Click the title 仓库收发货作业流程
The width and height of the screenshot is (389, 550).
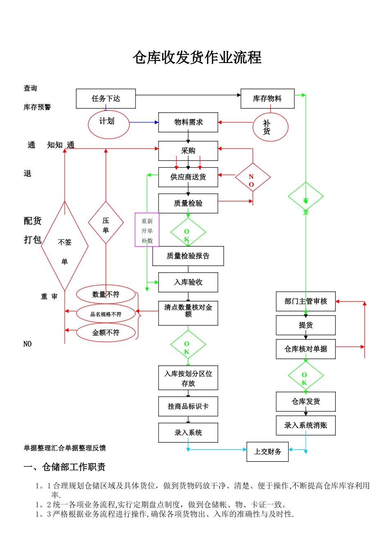pyautogui.click(x=197, y=58)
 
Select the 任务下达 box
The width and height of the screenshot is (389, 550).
pyautogui.click(x=106, y=99)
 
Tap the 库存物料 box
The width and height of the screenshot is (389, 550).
pyautogui.click(x=267, y=99)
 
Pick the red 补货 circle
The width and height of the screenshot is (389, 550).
pyautogui.click(x=270, y=127)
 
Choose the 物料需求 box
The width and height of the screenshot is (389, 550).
pyautogui.click(x=188, y=122)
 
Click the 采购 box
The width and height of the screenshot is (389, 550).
pyautogui.click(x=188, y=151)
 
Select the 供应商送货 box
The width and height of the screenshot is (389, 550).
pyautogui.click(x=188, y=177)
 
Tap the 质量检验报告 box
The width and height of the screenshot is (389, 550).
pyautogui.click(x=188, y=256)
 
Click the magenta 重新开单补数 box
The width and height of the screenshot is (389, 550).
pyautogui.click(x=147, y=230)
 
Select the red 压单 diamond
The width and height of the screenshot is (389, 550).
pyautogui.click(x=106, y=223)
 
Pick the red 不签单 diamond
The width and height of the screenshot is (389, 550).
pyautogui.click(x=65, y=246)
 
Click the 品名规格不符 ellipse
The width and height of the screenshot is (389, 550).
pyautogui.click(x=106, y=314)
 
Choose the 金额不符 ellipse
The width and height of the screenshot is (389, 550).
pyautogui.click(x=106, y=333)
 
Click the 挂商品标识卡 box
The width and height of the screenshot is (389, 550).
pyautogui.click(x=188, y=406)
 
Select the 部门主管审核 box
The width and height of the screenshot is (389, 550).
pyautogui.click(x=305, y=302)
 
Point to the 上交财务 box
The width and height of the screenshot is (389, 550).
pyautogui.click(x=267, y=452)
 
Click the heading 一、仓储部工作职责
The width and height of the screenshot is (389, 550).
pyautogui.click(x=65, y=467)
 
